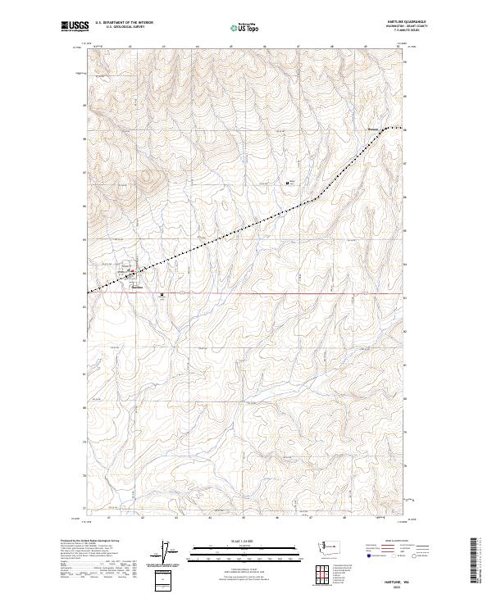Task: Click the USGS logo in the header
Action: tap(74, 27)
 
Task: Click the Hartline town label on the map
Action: tap(137, 288)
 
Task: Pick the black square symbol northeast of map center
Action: tap(287, 183)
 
